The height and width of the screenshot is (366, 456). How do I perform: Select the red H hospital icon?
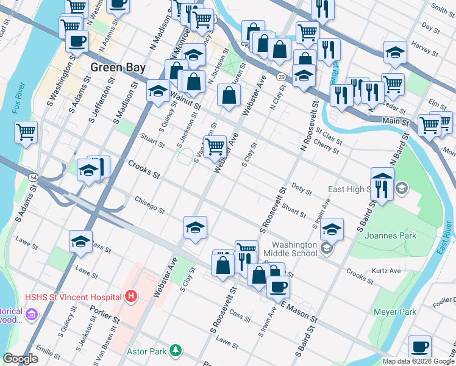pos(130,298)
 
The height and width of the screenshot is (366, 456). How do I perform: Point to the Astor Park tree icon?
pos(176,351)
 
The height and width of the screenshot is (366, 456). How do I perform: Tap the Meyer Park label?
pos(396,312)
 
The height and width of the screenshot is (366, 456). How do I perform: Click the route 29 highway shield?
pos(280,76)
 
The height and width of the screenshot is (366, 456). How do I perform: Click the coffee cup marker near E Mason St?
pos(278,286)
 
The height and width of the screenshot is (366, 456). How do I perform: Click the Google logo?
pos(21,359)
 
